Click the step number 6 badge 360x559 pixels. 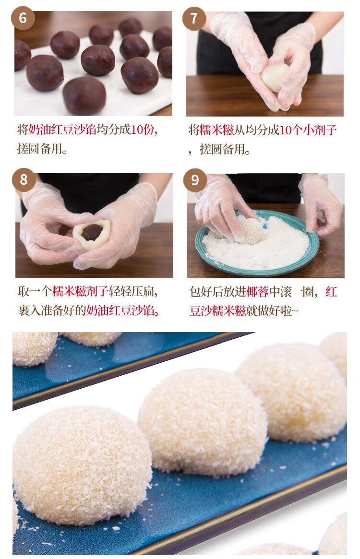[x=23, y=18]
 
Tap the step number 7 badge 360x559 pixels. [x=194, y=18]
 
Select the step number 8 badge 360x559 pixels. [x=23, y=179]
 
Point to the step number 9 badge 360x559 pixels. [x=195, y=180]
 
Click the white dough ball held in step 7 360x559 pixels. [x=275, y=77]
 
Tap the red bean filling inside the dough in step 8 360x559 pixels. [x=92, y=232]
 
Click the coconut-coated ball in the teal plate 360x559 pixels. [x=252, y=231]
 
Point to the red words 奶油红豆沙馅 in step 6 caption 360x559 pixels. [x=62, y=130]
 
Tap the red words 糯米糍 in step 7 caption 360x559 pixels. [x=216, y=130]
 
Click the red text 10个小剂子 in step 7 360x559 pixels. [x=308, y=130]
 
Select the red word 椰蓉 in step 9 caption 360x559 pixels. [x=257, y=292]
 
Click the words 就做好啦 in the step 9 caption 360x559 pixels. [x=269, y=310]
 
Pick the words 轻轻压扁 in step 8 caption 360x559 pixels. [x=131, y=291]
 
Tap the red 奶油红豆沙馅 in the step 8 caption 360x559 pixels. [x=120, y=310]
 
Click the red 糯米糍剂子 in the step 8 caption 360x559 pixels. [x=80, y=291]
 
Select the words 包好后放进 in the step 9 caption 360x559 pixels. [x=217, y=292]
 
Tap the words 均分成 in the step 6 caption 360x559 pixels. [x=114, y=130]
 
